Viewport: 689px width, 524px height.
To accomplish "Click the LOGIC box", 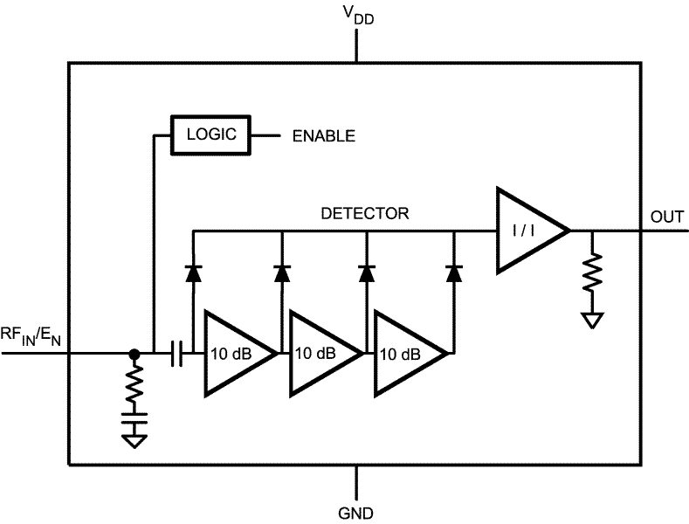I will click(x=210, y=135).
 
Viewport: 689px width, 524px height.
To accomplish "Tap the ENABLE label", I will click(x=323, y=136).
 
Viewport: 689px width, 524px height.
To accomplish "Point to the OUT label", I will click(x=668, y=217).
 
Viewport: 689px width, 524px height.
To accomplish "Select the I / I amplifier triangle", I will click(x=527, y=231).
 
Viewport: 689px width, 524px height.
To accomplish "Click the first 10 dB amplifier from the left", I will click(x=234, y=354).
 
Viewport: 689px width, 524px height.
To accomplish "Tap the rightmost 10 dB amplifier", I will click(x=405, y=354).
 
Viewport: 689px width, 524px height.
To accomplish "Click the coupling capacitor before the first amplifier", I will click(x=177, y=354).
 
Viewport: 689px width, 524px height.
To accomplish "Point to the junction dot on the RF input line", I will click(x=134, y=354).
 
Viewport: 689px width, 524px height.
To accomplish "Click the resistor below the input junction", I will click(x=134, y=387).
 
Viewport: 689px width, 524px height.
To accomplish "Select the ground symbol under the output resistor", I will click(x=593, y=321).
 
